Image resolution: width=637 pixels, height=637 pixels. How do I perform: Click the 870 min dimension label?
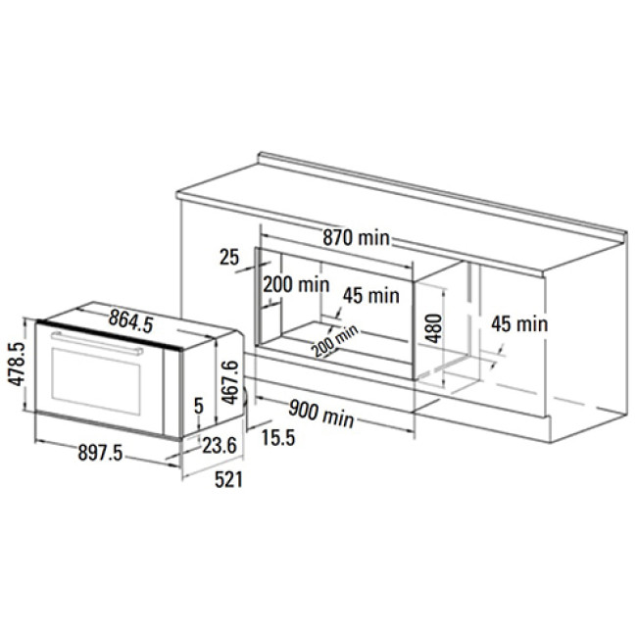point(357,238)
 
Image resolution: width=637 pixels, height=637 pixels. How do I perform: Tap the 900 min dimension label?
point(320,413)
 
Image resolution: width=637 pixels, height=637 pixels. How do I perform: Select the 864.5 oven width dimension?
point(130,321)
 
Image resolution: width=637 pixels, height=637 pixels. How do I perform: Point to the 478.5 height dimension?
point(17,364)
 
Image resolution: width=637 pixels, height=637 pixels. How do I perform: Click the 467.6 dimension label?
point(230,382)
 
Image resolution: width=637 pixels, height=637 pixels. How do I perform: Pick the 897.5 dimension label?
point(100,452)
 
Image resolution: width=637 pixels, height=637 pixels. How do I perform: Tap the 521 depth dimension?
point(228,480)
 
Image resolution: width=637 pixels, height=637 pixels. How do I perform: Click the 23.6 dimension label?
point(220,446)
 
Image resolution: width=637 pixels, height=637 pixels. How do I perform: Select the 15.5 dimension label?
point(278,437)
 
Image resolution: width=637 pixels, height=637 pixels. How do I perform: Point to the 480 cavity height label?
point(434,328)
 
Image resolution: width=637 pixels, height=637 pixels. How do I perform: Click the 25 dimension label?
point(229,257)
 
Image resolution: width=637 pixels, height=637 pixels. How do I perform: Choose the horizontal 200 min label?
point(296,285)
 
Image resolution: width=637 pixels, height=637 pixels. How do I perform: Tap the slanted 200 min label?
point(335,340)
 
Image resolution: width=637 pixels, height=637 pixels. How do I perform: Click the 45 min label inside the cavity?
point(371,295)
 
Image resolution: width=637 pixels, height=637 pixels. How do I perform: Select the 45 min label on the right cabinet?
point(519,323)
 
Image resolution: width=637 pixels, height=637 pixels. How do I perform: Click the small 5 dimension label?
point(199,406)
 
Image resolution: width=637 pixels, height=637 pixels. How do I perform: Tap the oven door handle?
point(97,343)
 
